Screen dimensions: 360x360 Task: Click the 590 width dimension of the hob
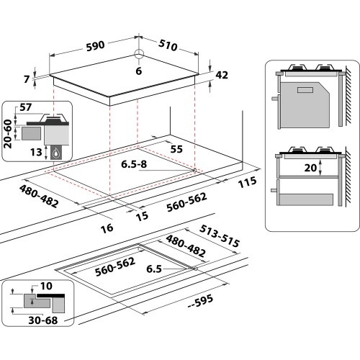95,45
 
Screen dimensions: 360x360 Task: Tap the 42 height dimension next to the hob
222,73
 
